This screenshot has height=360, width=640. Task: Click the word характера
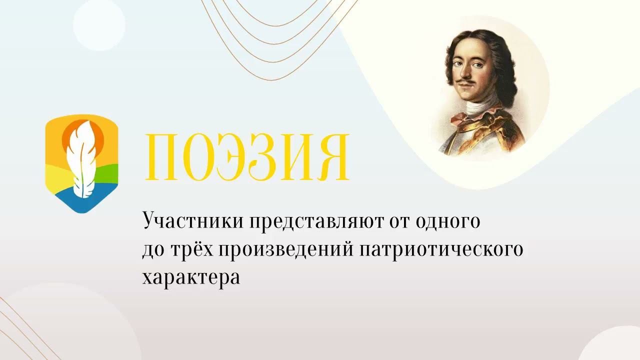[x=191, y=277]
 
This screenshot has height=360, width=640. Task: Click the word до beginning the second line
[x=150, y=249]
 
